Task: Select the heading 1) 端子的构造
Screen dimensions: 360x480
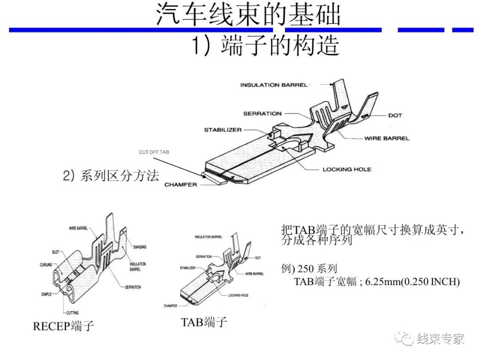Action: (265, 45)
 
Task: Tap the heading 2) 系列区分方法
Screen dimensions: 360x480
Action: (111, 176)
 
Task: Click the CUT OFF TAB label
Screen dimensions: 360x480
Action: (154, 152)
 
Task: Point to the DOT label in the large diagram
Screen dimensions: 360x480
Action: (395, 115)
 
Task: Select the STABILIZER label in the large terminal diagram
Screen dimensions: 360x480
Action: (223, 130)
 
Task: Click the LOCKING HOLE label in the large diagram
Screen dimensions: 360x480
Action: (347, 169)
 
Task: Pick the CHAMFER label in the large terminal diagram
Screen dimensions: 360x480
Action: (180, 184)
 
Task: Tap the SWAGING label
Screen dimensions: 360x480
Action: (139, 247)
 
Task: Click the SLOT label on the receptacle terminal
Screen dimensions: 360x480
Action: (56, 252)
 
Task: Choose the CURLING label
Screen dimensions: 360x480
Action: (46, 265)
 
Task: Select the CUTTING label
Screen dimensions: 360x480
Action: (72, 313)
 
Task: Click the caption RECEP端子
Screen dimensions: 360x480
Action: (63, 326)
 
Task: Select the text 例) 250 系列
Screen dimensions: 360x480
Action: (309, 268)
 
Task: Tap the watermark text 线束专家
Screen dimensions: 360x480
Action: (440, 339)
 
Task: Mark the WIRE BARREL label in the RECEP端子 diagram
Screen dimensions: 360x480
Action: (78, 228)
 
